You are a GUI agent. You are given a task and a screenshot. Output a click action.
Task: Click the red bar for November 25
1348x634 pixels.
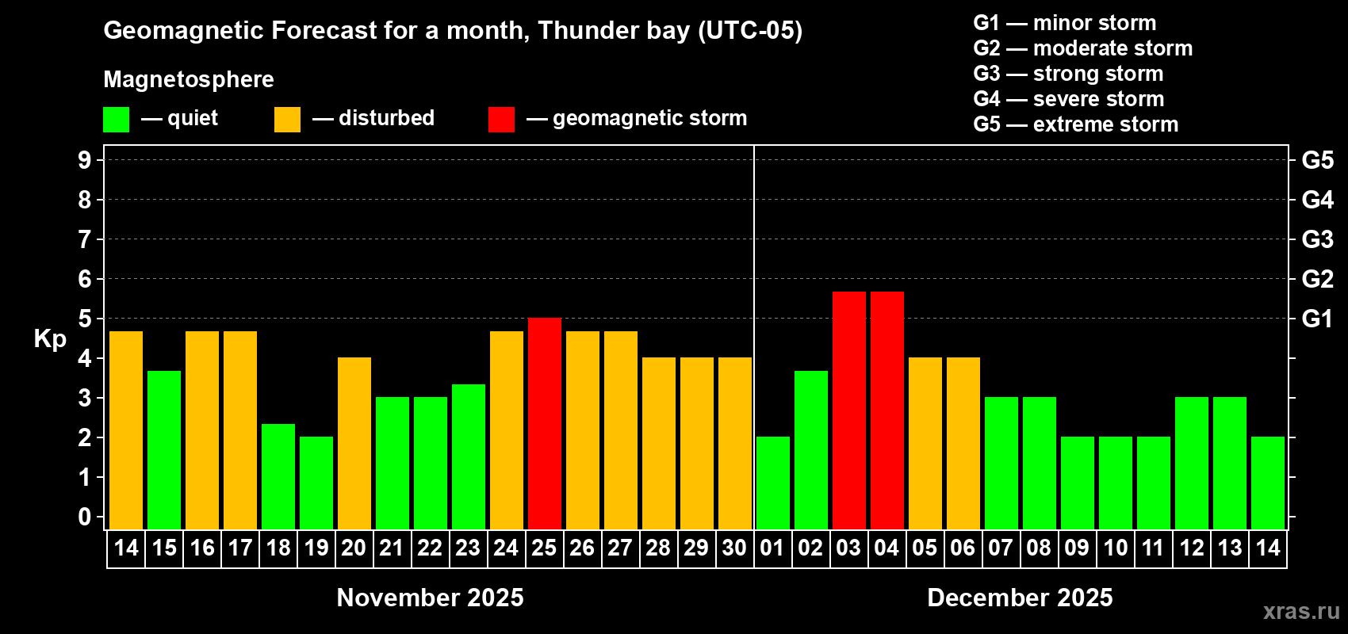545,424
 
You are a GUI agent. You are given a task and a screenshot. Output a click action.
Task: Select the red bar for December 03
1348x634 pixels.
849,411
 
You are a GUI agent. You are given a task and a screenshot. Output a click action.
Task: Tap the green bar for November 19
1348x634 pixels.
316,483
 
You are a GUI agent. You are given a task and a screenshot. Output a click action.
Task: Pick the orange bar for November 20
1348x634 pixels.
354,443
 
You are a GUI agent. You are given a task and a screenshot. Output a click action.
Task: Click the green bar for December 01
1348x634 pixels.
773,483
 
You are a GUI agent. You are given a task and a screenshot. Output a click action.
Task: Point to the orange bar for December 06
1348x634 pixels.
963,443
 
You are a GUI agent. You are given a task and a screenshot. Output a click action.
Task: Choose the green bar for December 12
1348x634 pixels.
1192,463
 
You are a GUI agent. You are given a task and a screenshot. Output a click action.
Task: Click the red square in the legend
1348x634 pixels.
501,120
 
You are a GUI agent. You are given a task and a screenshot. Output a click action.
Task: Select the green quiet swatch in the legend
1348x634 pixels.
117,120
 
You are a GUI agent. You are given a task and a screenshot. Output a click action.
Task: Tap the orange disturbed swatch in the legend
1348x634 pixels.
287,120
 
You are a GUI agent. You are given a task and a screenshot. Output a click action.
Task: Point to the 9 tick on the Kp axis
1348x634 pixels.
85,160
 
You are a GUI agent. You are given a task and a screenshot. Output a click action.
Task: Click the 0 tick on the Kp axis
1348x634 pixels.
85,518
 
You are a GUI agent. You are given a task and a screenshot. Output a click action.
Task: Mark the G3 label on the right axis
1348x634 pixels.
1317,239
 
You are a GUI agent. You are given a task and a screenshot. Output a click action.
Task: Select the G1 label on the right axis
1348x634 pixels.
1317,319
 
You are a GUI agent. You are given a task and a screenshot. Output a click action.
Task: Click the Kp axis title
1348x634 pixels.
50,339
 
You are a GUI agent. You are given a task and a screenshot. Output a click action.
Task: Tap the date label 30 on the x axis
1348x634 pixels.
734,548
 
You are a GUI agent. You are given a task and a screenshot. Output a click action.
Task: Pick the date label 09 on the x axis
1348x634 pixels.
1077,548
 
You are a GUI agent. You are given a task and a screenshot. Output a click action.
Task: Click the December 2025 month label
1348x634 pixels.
1020,598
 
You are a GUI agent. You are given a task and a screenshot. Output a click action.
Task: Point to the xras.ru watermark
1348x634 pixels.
1301,610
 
